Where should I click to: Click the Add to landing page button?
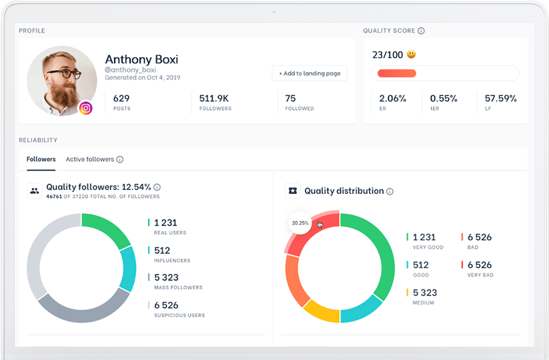[x=310, y=73]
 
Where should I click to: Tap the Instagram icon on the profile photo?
[x=85, y=108]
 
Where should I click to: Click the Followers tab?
[x=41, y=159]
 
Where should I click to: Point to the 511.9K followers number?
[x=214, y=98]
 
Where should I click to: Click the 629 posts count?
[x=121, y=98]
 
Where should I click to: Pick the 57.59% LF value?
[x=500, y=98]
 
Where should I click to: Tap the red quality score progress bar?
[x=397, y=73]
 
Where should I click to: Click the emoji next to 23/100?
[x=412, y=55]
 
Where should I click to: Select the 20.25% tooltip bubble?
[x=300, y=223]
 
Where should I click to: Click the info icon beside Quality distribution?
[x=390, y=191]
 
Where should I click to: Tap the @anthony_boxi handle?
[x=130, y=70]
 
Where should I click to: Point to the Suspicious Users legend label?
[x=179, y=315]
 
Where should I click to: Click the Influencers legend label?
[x=171, y=261]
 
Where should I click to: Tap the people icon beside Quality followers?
[x=34, y=191]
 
